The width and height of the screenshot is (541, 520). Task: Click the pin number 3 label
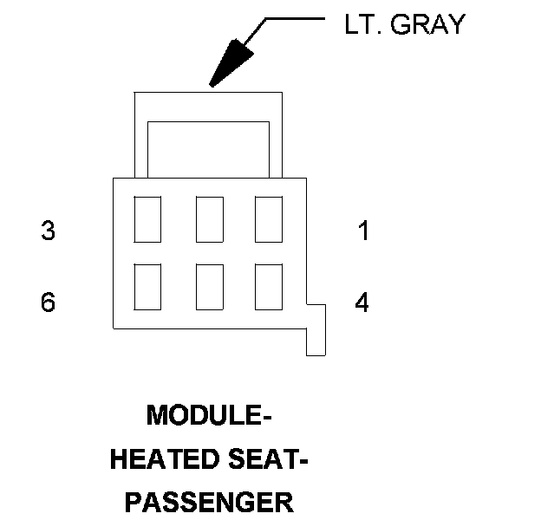pos(49,231)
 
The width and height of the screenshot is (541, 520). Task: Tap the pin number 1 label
pos(363,231)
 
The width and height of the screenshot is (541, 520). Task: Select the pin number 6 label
pos(49,302)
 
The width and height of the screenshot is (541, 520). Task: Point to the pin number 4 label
pos(362,302)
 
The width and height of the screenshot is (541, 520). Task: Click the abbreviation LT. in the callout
pos(362,24)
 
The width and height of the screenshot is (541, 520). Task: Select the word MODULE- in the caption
pos(209,416)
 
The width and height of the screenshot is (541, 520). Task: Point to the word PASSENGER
pos(209,502)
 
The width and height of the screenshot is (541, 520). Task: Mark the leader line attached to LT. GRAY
pos(295,18)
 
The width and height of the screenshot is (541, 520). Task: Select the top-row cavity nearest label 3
pos(147,219)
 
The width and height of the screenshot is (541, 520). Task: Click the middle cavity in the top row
pos(209,219)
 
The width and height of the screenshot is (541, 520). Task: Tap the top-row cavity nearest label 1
pos(269,219)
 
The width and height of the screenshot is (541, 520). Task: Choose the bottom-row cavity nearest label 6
pos(147,286)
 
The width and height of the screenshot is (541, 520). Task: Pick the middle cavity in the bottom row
pos(209,286)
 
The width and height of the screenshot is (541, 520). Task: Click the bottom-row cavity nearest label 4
pos(269,286)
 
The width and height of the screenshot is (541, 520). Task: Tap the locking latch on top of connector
pos(209,108)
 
